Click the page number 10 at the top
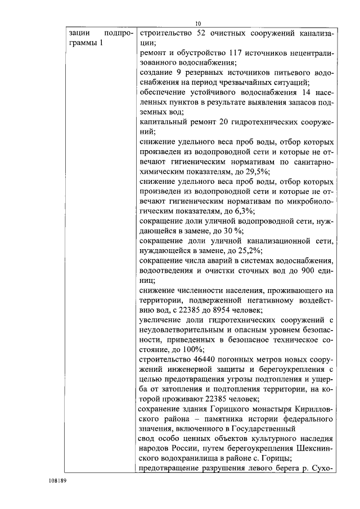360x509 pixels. (x=197, y=24)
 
